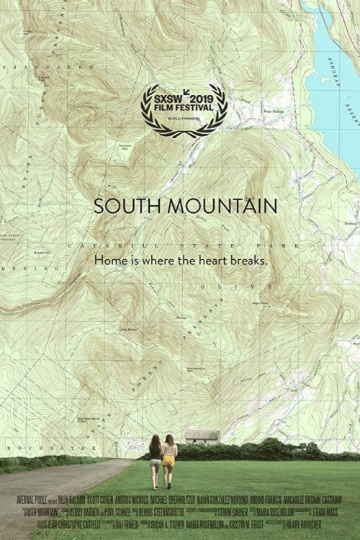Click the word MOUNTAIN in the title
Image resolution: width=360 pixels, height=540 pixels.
[x=216, y=206]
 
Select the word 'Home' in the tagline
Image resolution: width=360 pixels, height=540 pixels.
[x=113, y=261]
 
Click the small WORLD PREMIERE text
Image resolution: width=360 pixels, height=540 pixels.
[x=184, y=115]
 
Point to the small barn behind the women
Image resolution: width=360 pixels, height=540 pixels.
[x=201, y=436]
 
